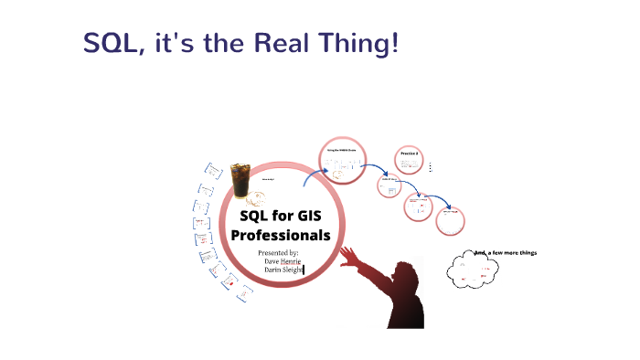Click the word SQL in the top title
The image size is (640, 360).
[x=110, y=42]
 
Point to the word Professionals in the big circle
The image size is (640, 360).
[x=281, y=235]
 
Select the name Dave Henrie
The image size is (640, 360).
[x=282, y=260]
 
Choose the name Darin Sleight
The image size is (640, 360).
[x=283, y=270]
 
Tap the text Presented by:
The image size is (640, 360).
[x=279, y=252]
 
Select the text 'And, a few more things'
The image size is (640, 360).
[x=506, y=253]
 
